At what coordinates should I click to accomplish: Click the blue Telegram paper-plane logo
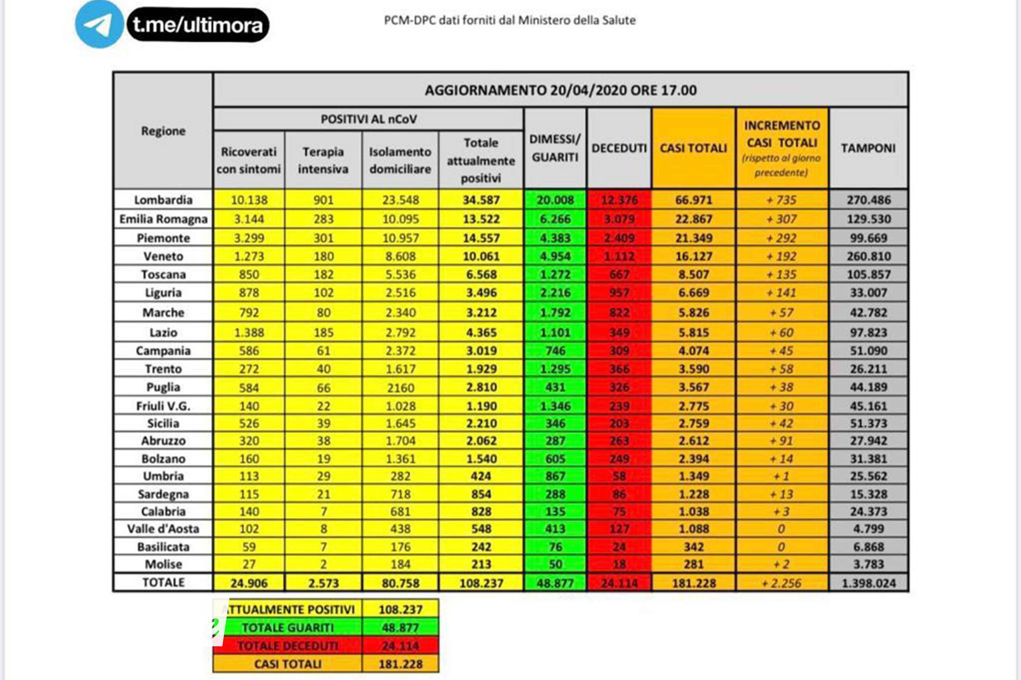pos(99,24)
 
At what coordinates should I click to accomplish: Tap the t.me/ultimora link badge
pos(198,25)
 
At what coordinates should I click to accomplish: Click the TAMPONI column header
pos(868,148)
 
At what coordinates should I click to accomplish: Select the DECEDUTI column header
pos(619,148)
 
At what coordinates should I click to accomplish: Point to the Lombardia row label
pos(163,200)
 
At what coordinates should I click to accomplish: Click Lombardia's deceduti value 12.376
pos(619,200)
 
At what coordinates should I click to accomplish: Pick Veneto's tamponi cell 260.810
pos(868,256)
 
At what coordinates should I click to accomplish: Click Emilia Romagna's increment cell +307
pos(781,219)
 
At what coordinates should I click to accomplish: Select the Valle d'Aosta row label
pos(163,529)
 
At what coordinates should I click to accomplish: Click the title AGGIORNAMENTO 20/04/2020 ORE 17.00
pos(560,90)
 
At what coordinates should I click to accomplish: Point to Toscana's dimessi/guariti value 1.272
pos(555,274)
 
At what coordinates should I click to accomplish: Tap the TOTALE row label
pos(163,582)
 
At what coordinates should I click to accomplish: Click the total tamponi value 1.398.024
pos(868,583)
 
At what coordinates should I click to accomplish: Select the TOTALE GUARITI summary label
pos(288,627)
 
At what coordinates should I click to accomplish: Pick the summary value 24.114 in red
pos(400,646)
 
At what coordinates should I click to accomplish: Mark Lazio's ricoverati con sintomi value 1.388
pos(249,333)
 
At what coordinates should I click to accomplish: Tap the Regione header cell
pos(163,131)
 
